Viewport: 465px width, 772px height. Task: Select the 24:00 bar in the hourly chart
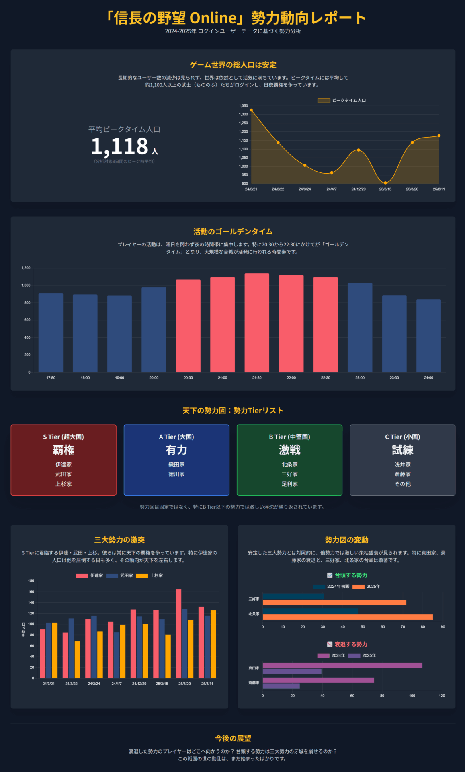click(x=428, y=336)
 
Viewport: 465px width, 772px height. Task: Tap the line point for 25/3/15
click(x=385, y=183)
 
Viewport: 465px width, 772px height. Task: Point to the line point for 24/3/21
click(x=251, y=110)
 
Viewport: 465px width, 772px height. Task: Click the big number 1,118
click(x=120, y=146)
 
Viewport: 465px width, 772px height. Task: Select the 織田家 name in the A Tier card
click(x=176, y=464)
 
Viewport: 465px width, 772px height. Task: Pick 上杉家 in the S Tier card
click(x=64, y=484)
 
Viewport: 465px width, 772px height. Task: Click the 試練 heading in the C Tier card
click(x=402, y=450)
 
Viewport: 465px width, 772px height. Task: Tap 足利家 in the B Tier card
click(x=289, y=484)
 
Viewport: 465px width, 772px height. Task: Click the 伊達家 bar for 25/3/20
click(x=178, y=634)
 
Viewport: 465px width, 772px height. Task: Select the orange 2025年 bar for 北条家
click(x=348, y=617)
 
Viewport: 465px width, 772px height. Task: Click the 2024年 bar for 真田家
click(x=342, y=665)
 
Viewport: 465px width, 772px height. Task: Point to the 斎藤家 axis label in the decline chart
click(x=254, y=683)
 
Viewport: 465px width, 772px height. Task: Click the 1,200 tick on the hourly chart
click(x=26, y=268)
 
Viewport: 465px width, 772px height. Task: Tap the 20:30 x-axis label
click(x=188, y=378)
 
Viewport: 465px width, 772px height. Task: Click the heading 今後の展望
click(x=233, y=738)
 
